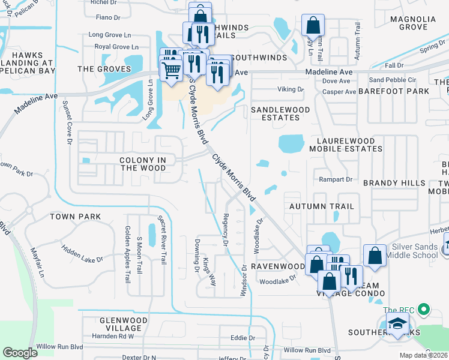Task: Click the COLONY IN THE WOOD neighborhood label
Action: [x=143, y=164]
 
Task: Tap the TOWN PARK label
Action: [x=75, y=216]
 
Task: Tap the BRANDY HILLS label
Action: [x=394, y=182]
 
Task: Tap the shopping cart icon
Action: [x=172, y=71]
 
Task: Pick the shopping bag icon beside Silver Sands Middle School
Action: [x=375, y=256]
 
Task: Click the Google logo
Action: [x=20, y=352]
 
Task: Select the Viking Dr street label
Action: [x=291, y=89]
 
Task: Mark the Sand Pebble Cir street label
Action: [x=393, y=80]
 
